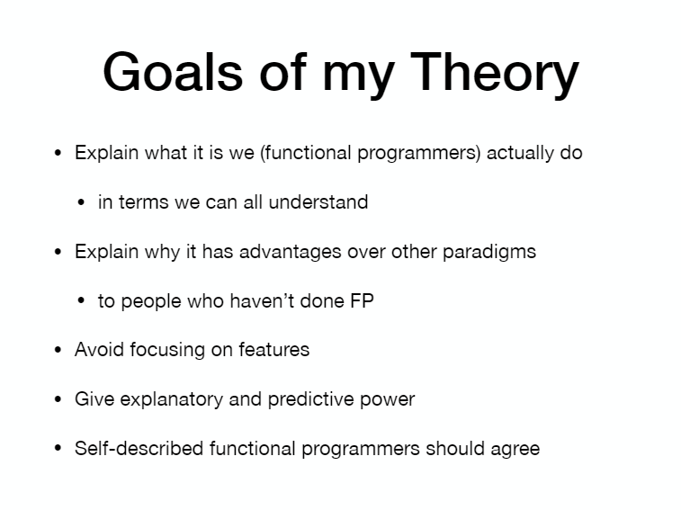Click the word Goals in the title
173,72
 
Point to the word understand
318,202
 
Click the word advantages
290,253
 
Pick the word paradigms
489,253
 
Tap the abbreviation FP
362,301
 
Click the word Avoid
100,350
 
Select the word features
274,350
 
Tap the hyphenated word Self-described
139,449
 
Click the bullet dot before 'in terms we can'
81,202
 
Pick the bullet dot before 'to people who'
81,301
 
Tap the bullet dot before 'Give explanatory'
58,399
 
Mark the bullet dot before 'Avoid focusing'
58,350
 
